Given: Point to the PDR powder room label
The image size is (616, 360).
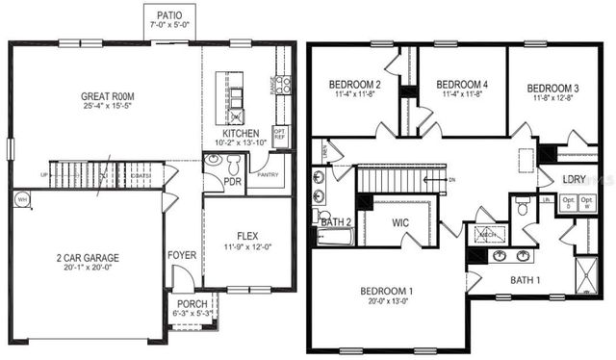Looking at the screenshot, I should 233,180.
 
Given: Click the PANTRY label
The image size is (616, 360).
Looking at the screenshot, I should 268,174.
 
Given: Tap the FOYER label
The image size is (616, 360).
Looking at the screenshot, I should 183,256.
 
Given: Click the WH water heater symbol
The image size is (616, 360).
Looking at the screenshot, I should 21,199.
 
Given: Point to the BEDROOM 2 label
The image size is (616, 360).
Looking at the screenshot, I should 355,84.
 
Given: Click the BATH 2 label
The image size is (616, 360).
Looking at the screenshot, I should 336,222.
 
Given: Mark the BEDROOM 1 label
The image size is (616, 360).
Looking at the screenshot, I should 387,291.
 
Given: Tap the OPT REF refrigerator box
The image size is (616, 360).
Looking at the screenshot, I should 281,133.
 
